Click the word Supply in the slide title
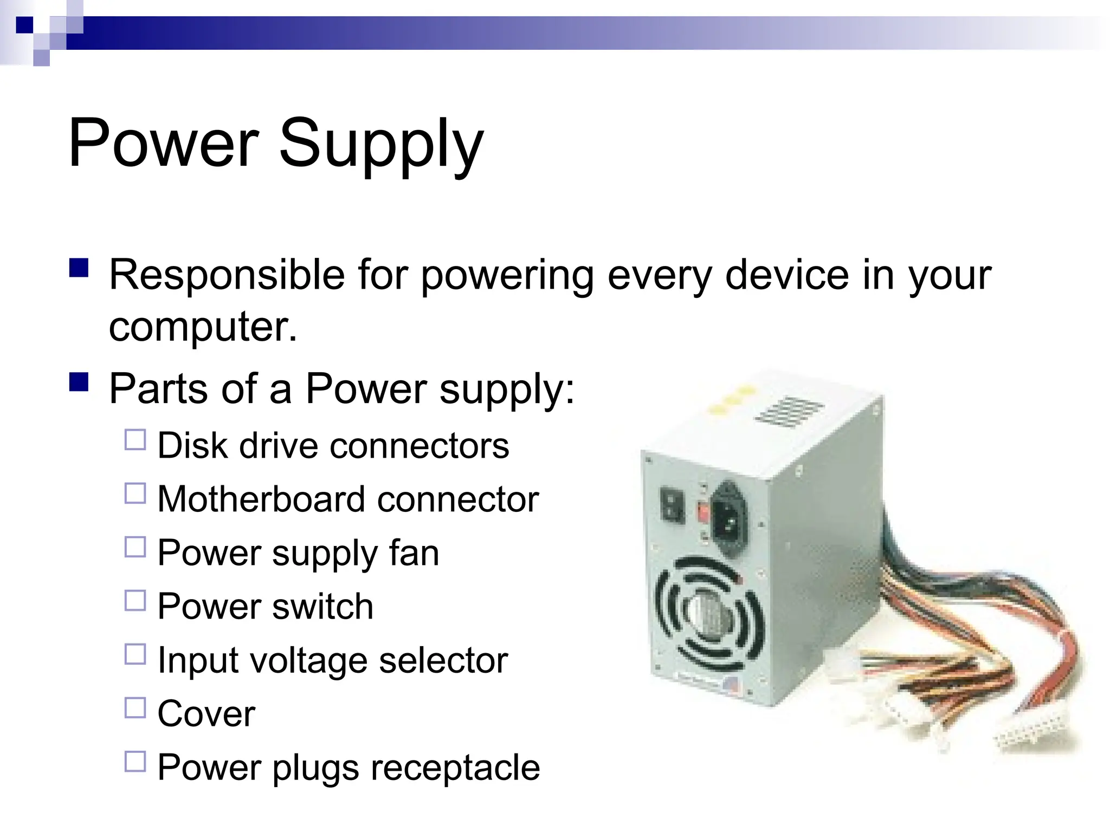click(x=380, y=145)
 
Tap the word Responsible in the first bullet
click(x=227, y=275)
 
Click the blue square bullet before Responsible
click(x=79, y=268)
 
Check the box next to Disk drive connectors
click(x=135, y=440)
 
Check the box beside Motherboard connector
click(x=135, y=493)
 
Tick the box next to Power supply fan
click(x=135, y=547)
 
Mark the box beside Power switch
click(x=135, y=600)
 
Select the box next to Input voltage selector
click(x=135, y=654)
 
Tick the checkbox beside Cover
click(x=135, y=707)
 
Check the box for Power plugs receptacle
click(x=135, y=761)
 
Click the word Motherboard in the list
click(x=261, y=499)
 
